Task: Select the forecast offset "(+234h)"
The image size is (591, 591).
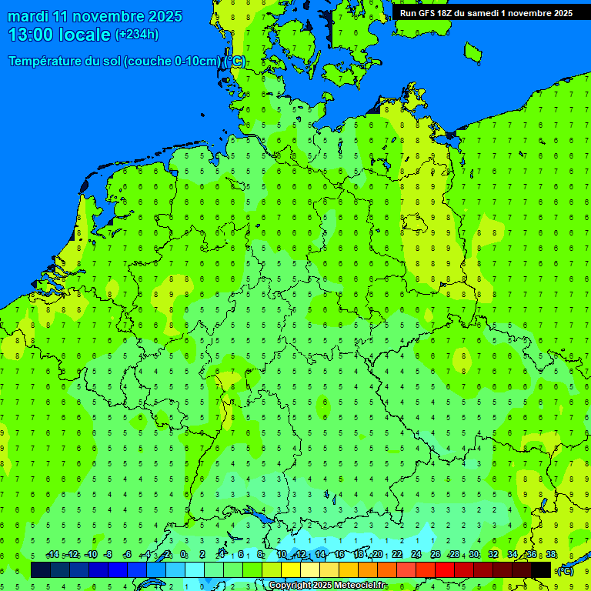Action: click(137, 35)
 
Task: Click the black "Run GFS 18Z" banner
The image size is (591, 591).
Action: click(486, 13)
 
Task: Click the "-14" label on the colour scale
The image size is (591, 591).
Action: click(52, 555)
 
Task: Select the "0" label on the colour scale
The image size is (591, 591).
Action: click(184, 555)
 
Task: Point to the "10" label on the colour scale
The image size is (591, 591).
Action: click(282, 555)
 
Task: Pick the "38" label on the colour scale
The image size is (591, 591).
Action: click(551, 555)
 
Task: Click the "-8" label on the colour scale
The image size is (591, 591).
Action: click(108, 555)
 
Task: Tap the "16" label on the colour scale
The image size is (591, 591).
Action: click(339, 555)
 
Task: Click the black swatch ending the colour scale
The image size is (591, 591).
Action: click(541, 569)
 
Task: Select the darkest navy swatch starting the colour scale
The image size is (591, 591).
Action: click(41, 569)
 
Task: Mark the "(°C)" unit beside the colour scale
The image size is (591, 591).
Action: click(566, 570)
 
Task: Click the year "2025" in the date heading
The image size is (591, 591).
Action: click(165, 16)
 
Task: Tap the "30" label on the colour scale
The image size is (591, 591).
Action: click(474, 555)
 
